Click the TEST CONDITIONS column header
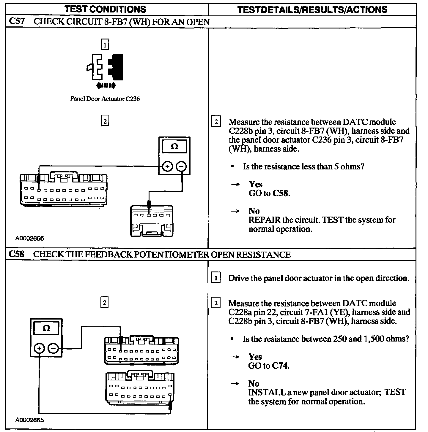pyautogui.click(x=106, y=9)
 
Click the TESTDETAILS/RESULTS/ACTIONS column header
pyautogui.click(x=312, y=9)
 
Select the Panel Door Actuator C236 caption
pyautogui.click(x=105, y=99)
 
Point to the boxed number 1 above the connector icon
pyautogui.click(x=105, y=45)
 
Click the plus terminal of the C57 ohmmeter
pyautogui.click(x=167, y=166)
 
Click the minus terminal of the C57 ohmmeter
pyautogui.click(x=181, y=166)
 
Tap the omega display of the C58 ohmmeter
pyautogui.click(x=46, y=328)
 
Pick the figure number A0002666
pyautogui.click(x=30, y=238)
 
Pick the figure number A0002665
pyautogui.click(x=30, y=420)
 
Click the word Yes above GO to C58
pyautogui.click(x=256, y=184)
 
